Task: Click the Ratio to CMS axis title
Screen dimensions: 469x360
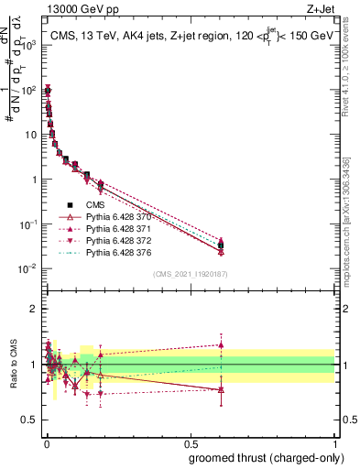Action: (12, 365)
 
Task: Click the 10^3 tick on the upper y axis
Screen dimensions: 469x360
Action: (28, 44)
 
